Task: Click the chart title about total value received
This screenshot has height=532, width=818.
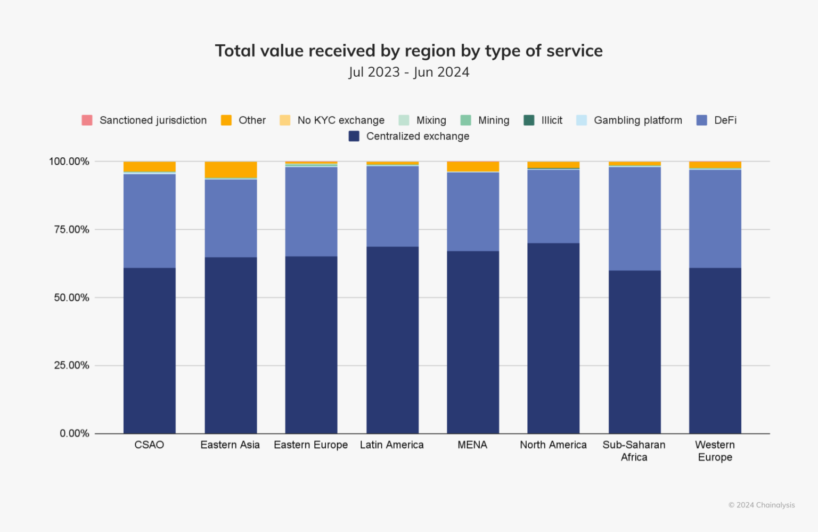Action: pyautogui.click(x=408, y=51)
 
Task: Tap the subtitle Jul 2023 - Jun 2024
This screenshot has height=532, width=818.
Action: pyautogui.click(x=408, y=72)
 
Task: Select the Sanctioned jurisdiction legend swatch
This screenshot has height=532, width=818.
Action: pyautogui.click(x=87, y=120)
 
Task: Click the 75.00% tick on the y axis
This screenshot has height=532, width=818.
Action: pyautogui.click(x=71, y=229)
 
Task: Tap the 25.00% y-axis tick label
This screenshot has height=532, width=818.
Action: pyautogui.click(x=71, y=365)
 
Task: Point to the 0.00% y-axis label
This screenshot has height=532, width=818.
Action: pyautogui.click(x=74, y=433)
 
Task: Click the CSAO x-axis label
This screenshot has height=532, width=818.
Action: pyautogui.click(x=149, y=445)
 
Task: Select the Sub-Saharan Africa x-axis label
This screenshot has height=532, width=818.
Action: pyautogui.click(x=634, y=450)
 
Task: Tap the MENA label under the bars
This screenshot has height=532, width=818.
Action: pyautogui.click(x=472, y=445)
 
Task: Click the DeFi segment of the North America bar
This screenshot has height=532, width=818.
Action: pyautogui.click(x=553, y=206)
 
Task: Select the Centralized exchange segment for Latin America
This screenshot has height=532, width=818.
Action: pyautogui.click(x=392, y=340)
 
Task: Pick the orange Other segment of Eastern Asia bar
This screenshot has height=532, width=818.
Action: pyautogui.click(x=231, y=170)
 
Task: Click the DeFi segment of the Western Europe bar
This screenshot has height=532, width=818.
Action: pyautogui.click(x=715, y=218)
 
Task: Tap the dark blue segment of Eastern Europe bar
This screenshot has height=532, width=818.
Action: pyautogui.click(x=311, y=344)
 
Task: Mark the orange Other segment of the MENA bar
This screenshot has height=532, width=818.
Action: pyautogui.click(x=473, y=166)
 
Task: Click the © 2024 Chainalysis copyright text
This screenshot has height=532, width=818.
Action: pyautogui.click(x=761, y=505)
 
